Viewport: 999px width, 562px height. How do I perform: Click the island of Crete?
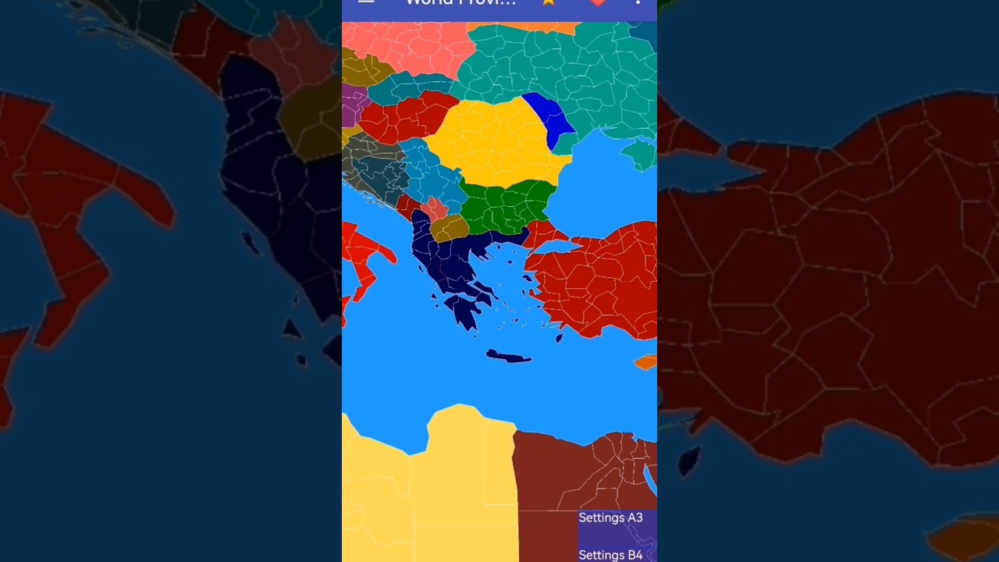click(509, 357)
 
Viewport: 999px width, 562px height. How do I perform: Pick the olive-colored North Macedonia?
click(450, 228)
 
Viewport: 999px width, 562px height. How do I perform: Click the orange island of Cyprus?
click(646, 362)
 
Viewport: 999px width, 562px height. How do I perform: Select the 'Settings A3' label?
click(610, 518)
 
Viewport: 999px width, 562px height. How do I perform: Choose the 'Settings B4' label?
click(610, 555)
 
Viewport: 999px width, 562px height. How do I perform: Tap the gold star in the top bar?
click(549, 2)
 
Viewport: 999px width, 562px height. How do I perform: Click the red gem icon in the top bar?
click(598, 2)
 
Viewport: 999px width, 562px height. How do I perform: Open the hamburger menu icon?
click(366, 2)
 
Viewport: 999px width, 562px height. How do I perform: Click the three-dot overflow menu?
click(638, 2)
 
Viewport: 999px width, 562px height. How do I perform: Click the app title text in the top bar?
click(460, 3)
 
